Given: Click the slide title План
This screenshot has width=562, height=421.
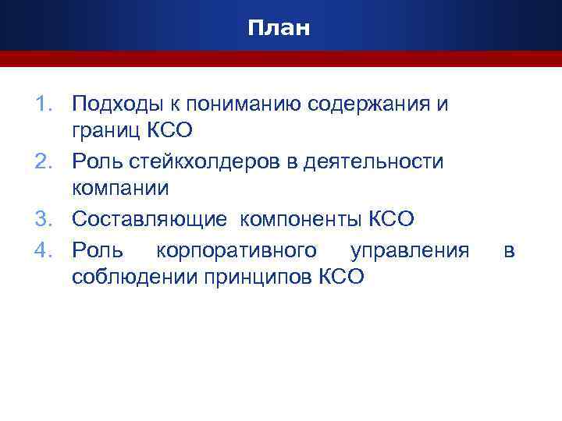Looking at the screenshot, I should tap(279, 29).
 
